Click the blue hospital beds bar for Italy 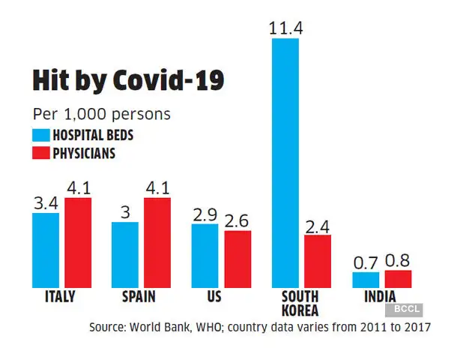pyautogui.click(x=46, y=250)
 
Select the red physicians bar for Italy pyautogui.click(x=77, y=242)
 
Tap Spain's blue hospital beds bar pyautogui.click(x=125, y=254)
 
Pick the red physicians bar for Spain pyautogui.click(x=157, y=242)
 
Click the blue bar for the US pyautogui.click(x=205, y=255)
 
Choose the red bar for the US pyautogui.click(x=237, y=259)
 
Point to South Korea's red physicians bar pyautogui.click(x=317, y=261)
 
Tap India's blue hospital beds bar pyautogui.click(x=366, y=279)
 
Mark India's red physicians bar pyautogui.click(x=397, y=278)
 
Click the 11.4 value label pyautogui.click(x=285, y=28)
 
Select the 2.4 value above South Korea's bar pyautogui.click(x=317, y=224)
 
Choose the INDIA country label pyautogui.click(x=380, y=296)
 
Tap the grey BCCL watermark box pyautogui.click(x=405, y=308)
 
